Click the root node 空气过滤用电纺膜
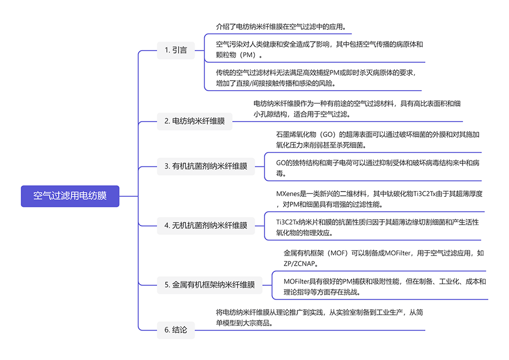[70, 196]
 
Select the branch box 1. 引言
[175, 50]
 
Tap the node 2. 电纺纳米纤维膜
[195, 121]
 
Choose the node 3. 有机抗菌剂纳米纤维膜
[206, 166]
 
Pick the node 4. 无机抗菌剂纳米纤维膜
[206, 226]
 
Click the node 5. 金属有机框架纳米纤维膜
[209, 285]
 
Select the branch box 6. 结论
[175, 330]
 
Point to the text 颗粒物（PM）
[237, 55]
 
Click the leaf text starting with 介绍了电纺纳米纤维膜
[281, 27]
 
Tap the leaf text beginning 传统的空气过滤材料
[316, 78]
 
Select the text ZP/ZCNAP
[300, 263]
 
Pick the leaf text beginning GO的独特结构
[377, 168]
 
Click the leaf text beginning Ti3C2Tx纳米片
[377, 227]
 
